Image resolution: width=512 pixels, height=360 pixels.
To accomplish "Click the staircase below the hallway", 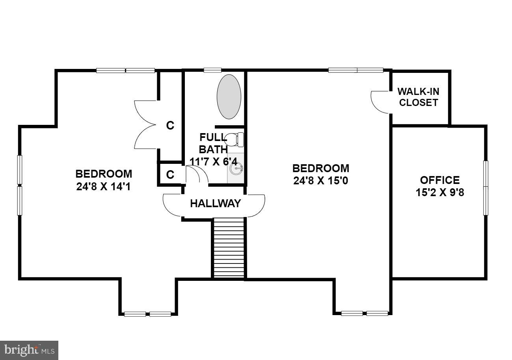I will click(229, 248).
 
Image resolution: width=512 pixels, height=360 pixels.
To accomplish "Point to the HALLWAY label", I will click(215, 204).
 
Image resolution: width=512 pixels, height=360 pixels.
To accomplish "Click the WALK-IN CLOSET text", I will click(418, 97).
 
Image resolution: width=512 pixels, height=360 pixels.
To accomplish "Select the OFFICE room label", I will click(439, 180).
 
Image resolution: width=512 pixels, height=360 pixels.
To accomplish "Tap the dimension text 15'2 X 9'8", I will click(439, 193).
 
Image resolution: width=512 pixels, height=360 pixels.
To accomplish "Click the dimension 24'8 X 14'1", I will click(104, 186).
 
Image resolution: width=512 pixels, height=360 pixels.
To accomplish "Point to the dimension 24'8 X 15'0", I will click(320, 181).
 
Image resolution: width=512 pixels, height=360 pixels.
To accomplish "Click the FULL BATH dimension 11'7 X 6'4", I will click(213, 161).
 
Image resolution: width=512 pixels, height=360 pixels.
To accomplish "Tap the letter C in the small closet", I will click(170, 175).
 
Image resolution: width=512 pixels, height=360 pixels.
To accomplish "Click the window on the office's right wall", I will click(486, 187).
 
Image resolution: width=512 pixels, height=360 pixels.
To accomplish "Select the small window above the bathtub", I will click(212, 71).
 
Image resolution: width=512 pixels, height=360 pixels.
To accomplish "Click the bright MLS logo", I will click(29, 350).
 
